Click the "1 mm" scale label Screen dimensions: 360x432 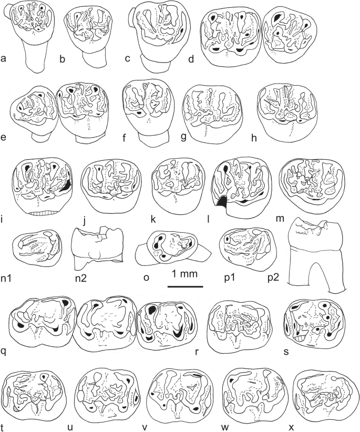pyautogui.click(x=184, y=274)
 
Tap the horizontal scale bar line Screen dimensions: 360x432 pyautogui.click(x=185, y=287)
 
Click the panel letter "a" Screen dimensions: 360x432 pyautogui.click(x=4, y=59)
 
